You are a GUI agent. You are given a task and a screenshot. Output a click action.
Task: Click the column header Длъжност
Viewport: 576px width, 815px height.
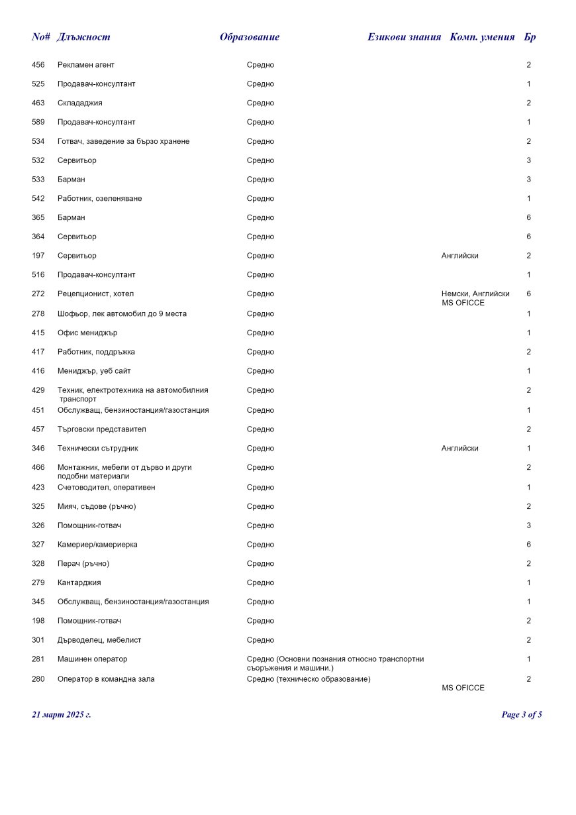[x=83, y=37]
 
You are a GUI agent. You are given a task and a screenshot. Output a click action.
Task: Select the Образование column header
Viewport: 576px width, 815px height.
[x=250, y=37]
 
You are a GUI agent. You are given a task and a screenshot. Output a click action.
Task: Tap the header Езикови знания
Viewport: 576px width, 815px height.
[x=404, y=37]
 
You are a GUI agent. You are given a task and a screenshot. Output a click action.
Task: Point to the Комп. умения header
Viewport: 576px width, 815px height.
[x=482, y=37]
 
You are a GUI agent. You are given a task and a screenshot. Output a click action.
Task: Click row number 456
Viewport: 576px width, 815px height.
[x=38, y=65]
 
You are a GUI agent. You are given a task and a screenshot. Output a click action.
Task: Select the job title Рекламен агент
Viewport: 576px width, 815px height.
[x=86, y=65]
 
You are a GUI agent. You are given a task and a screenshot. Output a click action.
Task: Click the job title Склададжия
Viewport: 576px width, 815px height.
[x=80, y=103]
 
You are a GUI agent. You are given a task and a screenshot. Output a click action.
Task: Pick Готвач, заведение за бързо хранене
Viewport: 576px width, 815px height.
[x=123, y=142]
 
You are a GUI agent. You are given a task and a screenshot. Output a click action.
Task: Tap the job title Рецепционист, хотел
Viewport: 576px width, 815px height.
[x=95, y=294]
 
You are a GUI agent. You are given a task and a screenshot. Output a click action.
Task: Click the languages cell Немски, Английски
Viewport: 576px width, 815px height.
[x=475, y=294]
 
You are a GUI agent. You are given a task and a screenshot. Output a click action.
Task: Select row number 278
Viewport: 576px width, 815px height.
[x=38, y=314]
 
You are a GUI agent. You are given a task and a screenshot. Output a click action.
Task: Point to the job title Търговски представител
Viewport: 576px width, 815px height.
[x=101, y=429]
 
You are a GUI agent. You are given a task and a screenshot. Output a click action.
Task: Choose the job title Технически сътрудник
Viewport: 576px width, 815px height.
[x=98, y=449]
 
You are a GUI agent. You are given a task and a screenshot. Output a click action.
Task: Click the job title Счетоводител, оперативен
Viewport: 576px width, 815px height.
[x=107, y=488]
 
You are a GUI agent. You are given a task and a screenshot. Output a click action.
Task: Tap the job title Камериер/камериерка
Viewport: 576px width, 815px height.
[x=97, y=545]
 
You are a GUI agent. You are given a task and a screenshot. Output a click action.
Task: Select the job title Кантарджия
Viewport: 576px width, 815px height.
[x=79, y=583]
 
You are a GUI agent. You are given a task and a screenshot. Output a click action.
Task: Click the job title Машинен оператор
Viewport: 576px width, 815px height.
[x=93, y=659]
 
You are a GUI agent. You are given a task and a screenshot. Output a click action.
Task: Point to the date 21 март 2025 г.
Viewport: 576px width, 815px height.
[x=62, y=715]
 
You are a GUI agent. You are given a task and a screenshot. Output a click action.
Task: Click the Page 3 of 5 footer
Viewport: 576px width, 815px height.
[x=522, y=715]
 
